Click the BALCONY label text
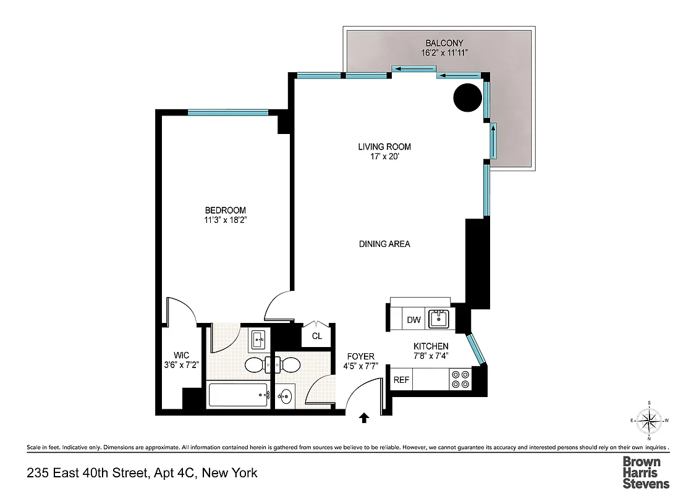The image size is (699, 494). (444, 43)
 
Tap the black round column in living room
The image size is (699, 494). (467, 98)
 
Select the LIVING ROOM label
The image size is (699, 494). (384, 147)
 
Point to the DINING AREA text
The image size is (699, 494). (384, 244)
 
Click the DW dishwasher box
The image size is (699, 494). (413, 320)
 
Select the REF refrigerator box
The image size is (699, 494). (402, 380)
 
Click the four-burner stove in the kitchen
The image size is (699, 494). (460, 379)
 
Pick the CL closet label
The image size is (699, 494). (316, 337)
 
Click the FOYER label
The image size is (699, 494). (360, 356)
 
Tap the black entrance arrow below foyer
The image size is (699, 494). (364, 419)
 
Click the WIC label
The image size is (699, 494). (180, 355)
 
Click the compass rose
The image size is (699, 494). (650, 421)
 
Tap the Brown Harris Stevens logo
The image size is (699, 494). (645, 472)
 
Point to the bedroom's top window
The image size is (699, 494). (228, 112)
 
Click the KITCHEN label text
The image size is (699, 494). (431, 346)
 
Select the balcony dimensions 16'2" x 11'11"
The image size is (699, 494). (444, 53)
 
